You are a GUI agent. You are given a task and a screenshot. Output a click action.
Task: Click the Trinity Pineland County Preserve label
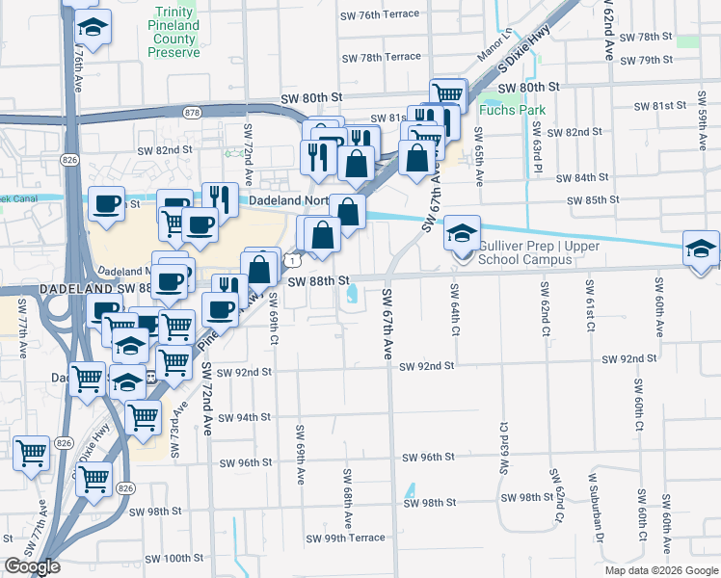click(x=174, y=31)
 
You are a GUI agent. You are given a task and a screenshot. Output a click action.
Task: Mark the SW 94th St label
click(x=244, y=417)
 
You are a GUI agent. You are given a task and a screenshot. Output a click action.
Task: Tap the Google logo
click(x=33, y=566)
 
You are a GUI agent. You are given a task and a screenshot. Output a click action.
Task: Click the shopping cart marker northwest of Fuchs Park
click(x=448, y=94)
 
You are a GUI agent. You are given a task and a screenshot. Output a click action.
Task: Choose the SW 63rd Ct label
click(x=503, y=447)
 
